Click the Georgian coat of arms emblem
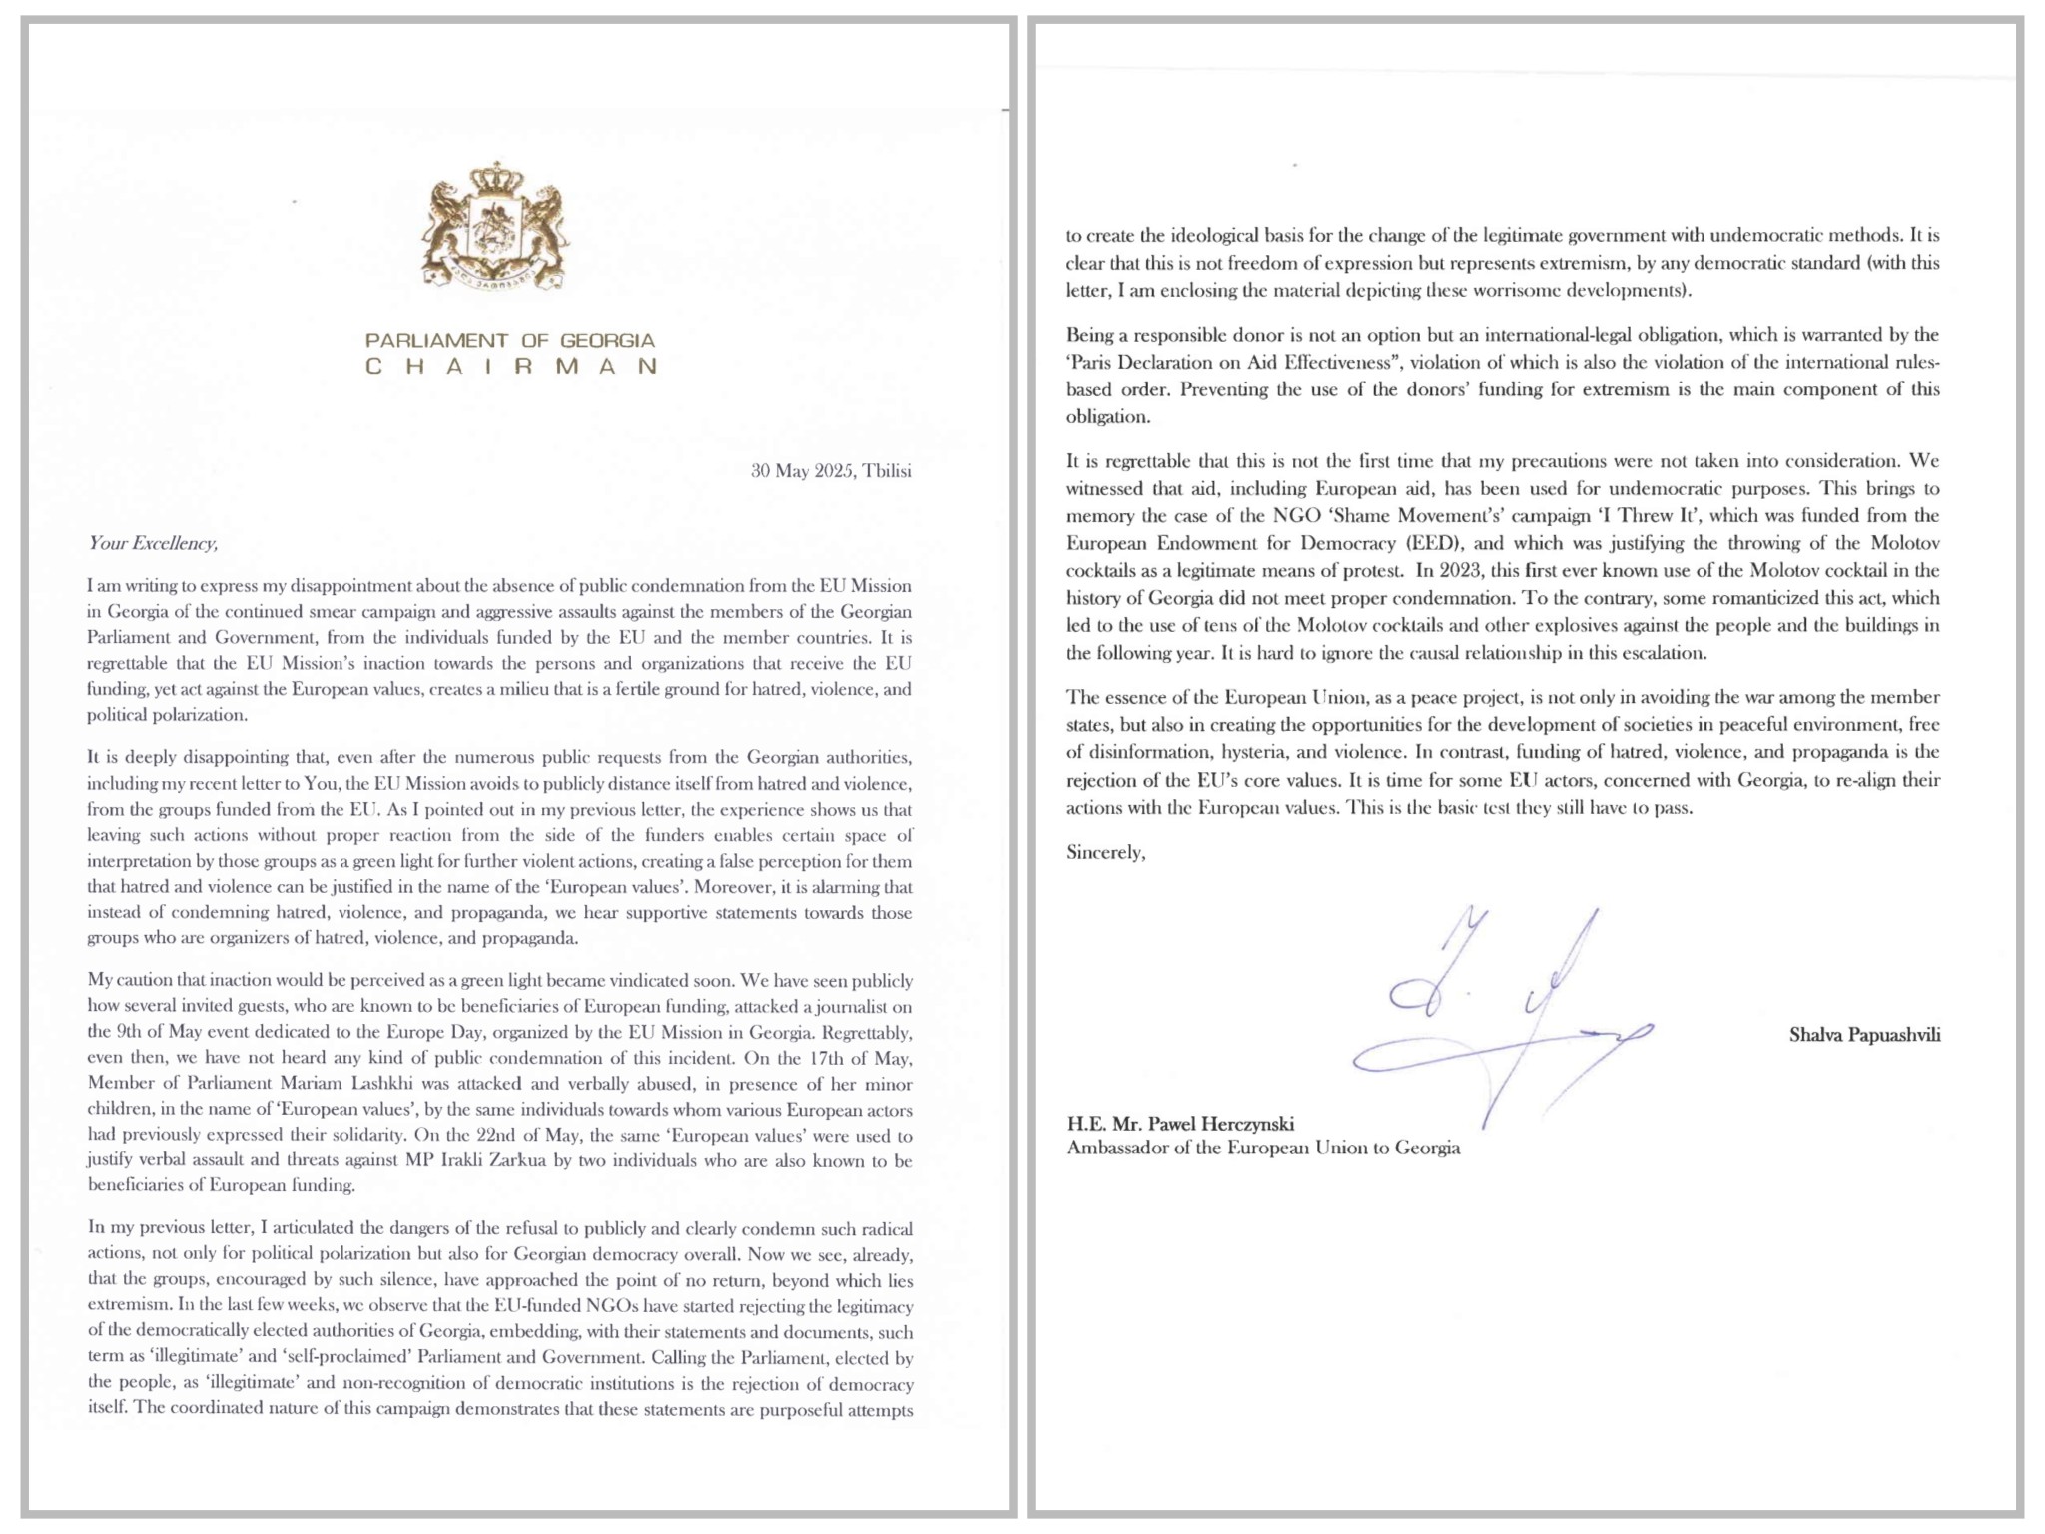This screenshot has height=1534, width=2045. pos(495,227)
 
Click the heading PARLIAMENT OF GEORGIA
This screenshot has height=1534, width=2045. pos(509,341)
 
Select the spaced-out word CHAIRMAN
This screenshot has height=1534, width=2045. pos(509,367)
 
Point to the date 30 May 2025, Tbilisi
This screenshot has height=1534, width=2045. pos(831,471)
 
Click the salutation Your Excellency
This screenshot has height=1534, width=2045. pos(152,543)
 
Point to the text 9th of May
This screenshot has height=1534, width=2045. pos(144,1032)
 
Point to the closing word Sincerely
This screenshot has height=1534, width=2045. pos(1105,853)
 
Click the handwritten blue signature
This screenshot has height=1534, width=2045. pos(1498,1019)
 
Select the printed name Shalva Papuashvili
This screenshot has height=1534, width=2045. pos(1864,1035)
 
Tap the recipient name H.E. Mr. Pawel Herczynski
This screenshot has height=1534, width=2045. pos(1180,1124)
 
